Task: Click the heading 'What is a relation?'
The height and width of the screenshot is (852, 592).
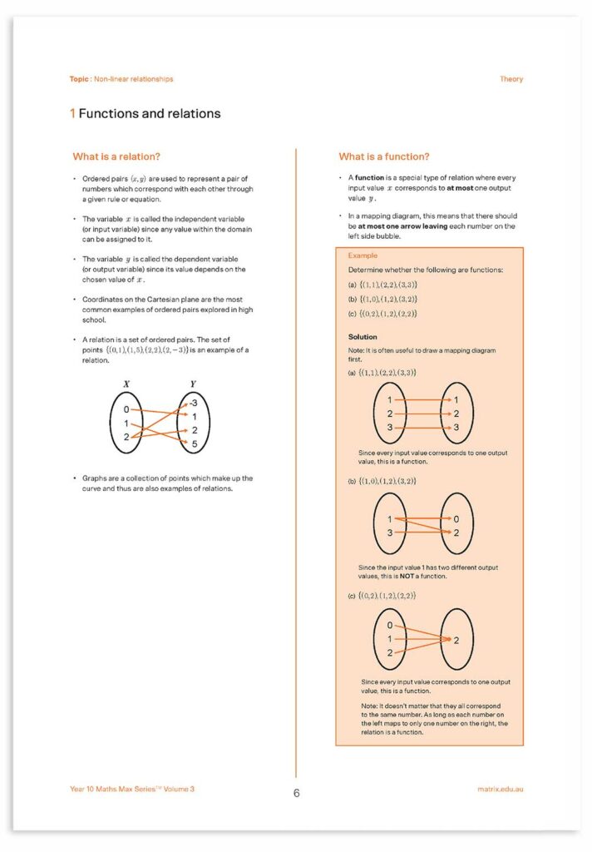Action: [x=116, y=156]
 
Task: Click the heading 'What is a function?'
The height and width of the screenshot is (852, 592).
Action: [x=384, y=156]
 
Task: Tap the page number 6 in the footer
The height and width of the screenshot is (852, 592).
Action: [x=296, y=793]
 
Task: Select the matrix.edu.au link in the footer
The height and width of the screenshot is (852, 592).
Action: [x=501, y=789]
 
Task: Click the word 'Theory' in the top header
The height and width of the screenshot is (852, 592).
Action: [x=511, y=79]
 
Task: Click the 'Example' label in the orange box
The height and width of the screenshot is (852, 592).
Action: [x=363, y=256]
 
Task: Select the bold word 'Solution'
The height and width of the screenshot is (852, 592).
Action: [x=363, y=337]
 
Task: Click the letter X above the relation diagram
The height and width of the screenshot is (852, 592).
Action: [x=126, y=384]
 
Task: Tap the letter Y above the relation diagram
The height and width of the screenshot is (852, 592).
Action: [x=193, y=384]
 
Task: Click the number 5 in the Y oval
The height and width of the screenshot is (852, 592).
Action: [x=194, y=444]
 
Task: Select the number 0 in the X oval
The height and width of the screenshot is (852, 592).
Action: [x=126, y=410]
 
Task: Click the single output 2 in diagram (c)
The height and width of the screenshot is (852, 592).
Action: [x=456, y=640]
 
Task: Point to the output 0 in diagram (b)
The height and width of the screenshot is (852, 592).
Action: [x=456, y=519]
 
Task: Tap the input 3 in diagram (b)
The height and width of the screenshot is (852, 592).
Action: [x=389, y=532]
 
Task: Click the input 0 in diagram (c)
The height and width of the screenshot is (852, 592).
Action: [x=389, y=625]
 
